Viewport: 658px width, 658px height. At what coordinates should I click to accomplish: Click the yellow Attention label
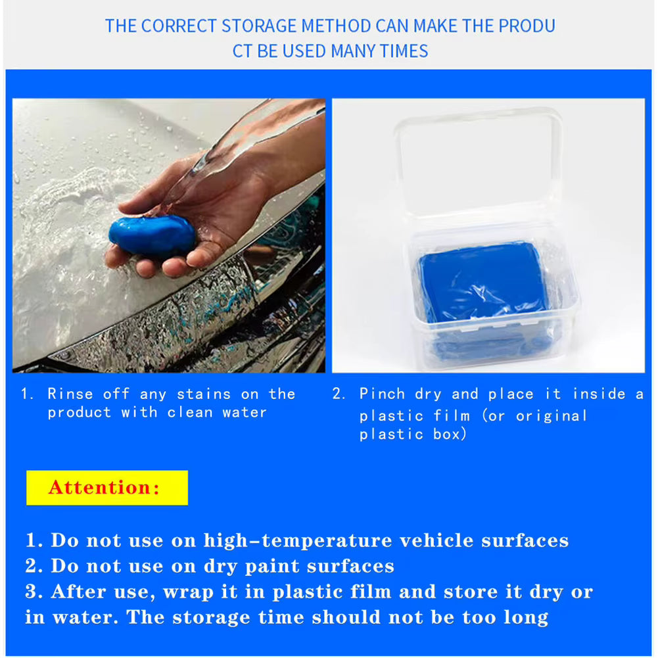tap(106, 488)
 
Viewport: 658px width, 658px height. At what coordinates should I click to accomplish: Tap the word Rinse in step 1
tap(70, 394)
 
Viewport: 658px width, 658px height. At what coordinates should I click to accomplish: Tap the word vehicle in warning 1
tap(436, 541)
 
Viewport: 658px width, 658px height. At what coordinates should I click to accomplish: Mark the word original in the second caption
tap(551, 416)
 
